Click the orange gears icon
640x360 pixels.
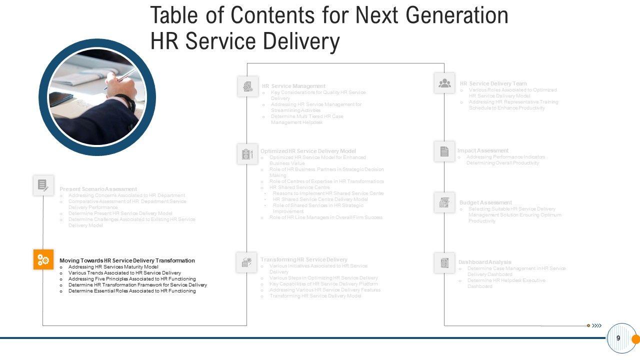point(43,259)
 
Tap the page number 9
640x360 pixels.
point(618,338)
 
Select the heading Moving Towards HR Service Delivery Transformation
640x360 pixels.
point(127,260)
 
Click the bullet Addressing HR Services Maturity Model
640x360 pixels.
point(113,267)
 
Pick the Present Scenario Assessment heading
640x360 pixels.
point(98,189)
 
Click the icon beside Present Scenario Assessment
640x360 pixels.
point(43,185)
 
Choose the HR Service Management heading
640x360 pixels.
point(293,86)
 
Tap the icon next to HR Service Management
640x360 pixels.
point(248,86)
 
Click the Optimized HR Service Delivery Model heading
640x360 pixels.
point(308,151)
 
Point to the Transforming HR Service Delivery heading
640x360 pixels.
point(303,259)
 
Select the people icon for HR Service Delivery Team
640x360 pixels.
point(444,83)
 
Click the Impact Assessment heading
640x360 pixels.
point(482,150)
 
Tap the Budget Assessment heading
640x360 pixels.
point(485,202)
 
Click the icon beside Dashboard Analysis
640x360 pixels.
point(444,262)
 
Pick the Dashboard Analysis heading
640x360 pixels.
point(484,262)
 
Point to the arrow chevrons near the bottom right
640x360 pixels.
point(596,325)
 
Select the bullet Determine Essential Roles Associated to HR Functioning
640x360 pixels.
point(132,291)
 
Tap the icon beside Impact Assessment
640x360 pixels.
point(444,151)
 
